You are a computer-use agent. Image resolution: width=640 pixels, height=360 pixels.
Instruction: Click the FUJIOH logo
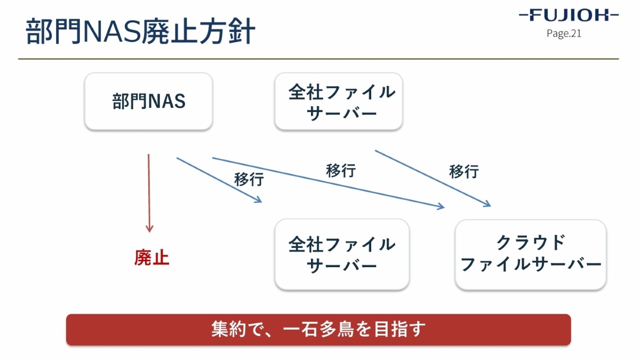pos(569,15)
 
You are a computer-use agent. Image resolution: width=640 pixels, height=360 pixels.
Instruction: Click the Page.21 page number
pos(564,34)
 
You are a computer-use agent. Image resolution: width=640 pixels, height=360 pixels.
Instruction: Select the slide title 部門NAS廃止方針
pos(140,31)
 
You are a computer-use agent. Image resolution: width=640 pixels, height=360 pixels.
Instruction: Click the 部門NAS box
pos(149,101)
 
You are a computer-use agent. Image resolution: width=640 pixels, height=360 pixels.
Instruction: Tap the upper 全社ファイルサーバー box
pos(339,101)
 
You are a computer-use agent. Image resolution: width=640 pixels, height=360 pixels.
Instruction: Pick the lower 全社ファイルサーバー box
pos(342,254)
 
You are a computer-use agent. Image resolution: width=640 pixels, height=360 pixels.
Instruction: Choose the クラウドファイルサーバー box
pos(531,255)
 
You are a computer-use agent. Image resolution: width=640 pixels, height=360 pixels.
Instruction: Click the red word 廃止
pos(151,258)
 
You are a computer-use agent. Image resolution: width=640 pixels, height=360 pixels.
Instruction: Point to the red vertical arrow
pos(149,194)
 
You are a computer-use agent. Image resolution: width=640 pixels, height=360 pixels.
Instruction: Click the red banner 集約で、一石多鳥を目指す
pos(318,330)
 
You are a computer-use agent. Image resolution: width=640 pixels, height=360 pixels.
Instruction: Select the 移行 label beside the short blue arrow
pos(249,179)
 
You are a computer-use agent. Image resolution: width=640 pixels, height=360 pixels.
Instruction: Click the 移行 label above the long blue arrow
pos(341,171)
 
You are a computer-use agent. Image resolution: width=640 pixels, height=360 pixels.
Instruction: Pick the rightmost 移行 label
pos(464,172)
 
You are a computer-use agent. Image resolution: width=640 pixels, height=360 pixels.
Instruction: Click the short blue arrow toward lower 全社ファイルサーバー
pos(219,180)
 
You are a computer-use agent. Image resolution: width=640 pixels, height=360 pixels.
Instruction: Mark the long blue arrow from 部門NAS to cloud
pos(329,183)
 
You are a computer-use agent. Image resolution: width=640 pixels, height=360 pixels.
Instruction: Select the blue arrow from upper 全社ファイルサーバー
pos(433,178)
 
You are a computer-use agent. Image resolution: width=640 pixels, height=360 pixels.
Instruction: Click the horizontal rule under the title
pos(318,59)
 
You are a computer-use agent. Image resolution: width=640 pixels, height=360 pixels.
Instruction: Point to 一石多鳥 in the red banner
pos(318,330)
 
